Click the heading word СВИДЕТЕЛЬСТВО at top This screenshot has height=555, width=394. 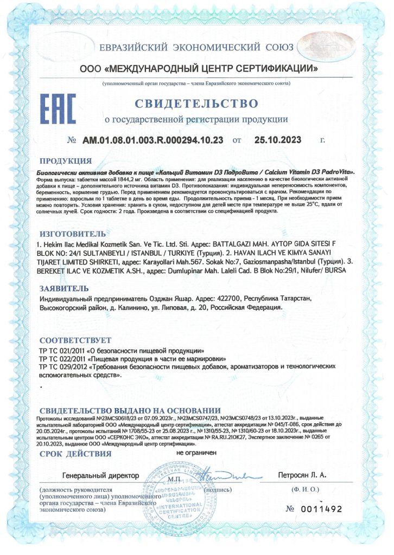pyautogui.click(x=196, y=102)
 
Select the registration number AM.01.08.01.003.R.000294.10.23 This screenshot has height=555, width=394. pyautogui.click(x=153, y=140)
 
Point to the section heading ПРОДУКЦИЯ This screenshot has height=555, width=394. pyautogui.click(x=65, y=161)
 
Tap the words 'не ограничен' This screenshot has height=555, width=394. pyautogui.click(x=196, y=451)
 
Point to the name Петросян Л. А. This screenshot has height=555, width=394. pyautogui.click(x=302, y=475)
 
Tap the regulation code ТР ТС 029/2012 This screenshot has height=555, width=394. pyautogui.click(x=62, y=367)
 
